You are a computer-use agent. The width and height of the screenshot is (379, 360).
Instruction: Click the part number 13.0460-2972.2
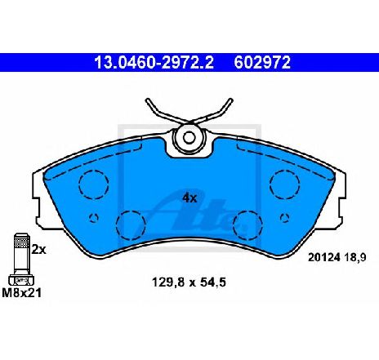coord(154,62)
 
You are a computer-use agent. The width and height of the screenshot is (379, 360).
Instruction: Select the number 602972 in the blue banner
coord(262,62)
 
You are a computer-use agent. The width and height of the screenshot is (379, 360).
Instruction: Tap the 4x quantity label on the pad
coord(189,198)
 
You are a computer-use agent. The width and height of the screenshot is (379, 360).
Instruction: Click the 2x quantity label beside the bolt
coord(39,249)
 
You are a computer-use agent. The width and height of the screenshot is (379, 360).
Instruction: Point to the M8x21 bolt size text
coord(22,293)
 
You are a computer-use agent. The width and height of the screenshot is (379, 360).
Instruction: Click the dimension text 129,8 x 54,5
coord(189,282)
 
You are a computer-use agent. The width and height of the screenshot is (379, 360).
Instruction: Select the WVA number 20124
coord(324,257)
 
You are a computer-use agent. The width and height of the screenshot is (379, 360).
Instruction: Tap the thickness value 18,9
coord(355,257)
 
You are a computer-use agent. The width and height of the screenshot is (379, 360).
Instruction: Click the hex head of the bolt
coord(21,280)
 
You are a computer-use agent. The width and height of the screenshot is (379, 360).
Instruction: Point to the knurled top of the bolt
coord(21,240)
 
